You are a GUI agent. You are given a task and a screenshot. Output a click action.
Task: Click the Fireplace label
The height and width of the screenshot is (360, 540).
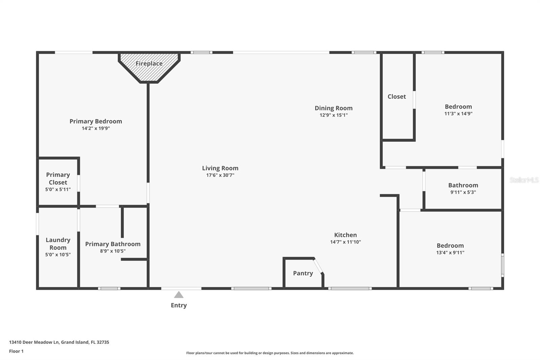[x=149, y=63]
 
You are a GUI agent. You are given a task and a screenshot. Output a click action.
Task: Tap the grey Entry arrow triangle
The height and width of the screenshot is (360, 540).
[x=179, y=295]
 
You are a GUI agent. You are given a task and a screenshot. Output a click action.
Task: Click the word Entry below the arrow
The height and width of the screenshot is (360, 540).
[x=179, y=305]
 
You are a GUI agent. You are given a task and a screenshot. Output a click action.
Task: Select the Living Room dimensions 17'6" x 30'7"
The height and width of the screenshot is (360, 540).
[x=220, y=175]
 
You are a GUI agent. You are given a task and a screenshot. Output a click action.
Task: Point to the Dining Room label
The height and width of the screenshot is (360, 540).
[x=334, y=108]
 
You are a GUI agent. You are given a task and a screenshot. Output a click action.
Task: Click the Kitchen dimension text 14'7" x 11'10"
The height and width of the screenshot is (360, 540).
[x=346, y=242]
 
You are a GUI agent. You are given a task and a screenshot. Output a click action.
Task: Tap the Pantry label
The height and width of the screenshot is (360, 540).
[x=303, y=273]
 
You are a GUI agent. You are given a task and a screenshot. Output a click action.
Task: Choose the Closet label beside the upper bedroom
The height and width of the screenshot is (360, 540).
[x=397, y=97]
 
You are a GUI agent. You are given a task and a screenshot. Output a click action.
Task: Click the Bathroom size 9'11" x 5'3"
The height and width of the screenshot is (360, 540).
[x=463, y=192]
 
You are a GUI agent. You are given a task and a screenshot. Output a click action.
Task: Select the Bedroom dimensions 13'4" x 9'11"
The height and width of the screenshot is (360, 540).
[x=450, y=253]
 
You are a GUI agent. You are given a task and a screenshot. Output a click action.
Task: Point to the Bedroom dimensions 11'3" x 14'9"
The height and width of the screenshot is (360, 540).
[x=458, y=114]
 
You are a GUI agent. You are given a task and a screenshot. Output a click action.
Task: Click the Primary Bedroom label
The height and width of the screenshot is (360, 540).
[x=96, y=121]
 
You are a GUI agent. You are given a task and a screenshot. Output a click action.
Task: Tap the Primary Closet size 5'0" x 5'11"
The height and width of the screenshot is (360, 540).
[x=58, y=189]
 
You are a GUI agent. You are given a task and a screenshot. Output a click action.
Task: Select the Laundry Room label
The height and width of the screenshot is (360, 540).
[x=58, y=244]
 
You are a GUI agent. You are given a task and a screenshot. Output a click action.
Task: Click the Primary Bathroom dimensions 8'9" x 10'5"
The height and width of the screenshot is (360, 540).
[x=113, y=251]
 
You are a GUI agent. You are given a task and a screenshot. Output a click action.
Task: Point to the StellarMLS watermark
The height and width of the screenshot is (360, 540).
[x=524, y=180]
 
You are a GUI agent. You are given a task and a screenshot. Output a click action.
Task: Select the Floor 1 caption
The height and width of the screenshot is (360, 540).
[x=17, y=351]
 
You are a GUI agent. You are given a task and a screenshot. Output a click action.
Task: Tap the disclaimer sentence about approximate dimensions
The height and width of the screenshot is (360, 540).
[x=270, y=353]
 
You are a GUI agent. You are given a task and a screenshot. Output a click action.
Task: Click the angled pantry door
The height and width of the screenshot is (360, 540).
[x=318, y=266]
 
